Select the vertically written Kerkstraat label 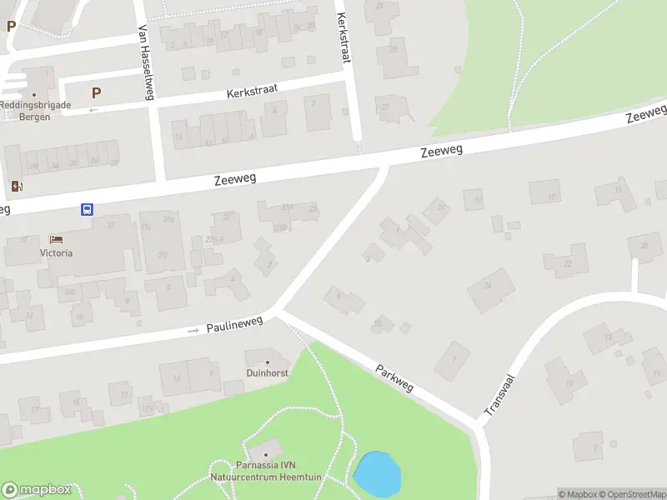pyautogui.click(x=343, y=37)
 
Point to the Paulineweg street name pyautogui.click(x=235, y=322)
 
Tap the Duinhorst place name pyautogui.click(x=267, y=373)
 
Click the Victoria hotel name pyautogui.click(x=56, y=252)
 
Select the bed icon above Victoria pyautogui.click(x=56, y=240)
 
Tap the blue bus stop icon pyautogui.click(x=87, y=210)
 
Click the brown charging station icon pyautogui.click(x=17, y=186)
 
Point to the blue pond pyautogui.click(x=377, y=473)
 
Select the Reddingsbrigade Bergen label pyautogui.click(x=36, y=111)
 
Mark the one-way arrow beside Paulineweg pyautogui.click(x=193, y=330)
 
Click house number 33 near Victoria pyautogui.click(x=110, y=225)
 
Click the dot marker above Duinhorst pyautogui.click(x=267, y=362)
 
